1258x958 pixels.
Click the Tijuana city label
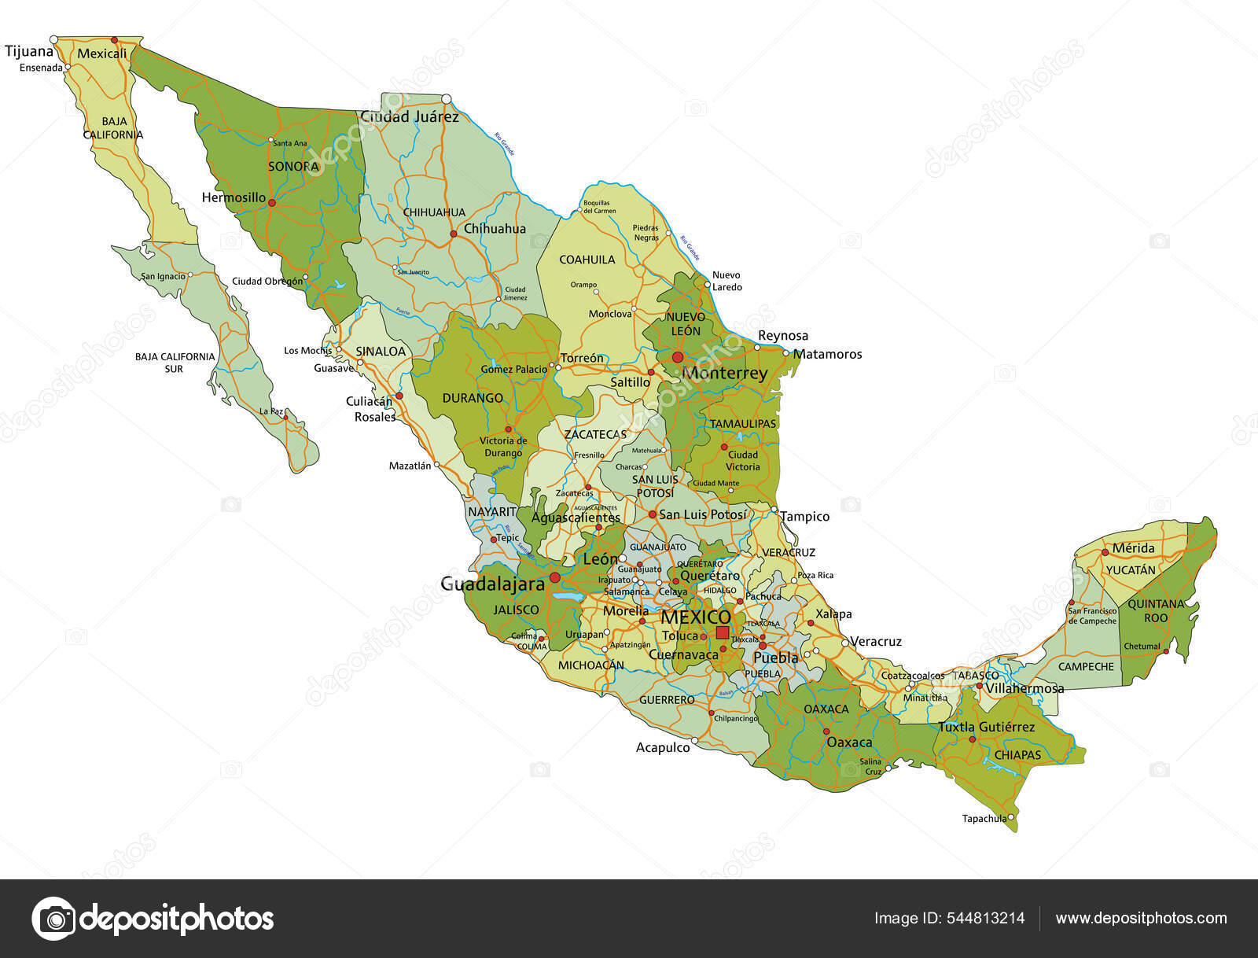pyautogui.click(x=29, y=52)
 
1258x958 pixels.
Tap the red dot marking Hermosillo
pyautogui.click(x=272, y=203)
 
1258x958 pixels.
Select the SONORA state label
pyautogui.click(x=293, y=167)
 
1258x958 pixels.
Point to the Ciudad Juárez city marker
pyautogui.click(x=447, y=99)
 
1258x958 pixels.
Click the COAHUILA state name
pyautogui.click(x=587, y=260)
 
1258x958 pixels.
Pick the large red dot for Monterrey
pyautogui.click(x=677, y=357)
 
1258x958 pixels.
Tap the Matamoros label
pyautogui.click(x=827, y=355)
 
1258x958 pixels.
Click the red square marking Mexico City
pyautogui.click(x=723, y=632)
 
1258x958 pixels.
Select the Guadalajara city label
pyautogui.click(x=492, y=584)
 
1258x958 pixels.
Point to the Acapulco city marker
pyautogui.click(x=694, y=741)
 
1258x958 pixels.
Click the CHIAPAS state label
pyautogui.click(x=1017, y=755)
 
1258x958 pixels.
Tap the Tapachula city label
pyautogui.click(x=984, y=819)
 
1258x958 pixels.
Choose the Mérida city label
pyautogui.click(x=1134, y=548)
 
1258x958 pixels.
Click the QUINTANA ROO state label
pyautogui.click(x=1156, y=611)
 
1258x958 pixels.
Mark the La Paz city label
pyautogui.click(x=271, y=411)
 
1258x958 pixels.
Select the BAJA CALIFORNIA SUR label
pyautogui.click(x=175, y=363)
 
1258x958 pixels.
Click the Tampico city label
pyautogui.click(x=804, y=517)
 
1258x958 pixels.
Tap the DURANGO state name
pyautogui.click(x=473, y=398)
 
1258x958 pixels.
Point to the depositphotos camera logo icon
pyautogui.click(x=53, y=918)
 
